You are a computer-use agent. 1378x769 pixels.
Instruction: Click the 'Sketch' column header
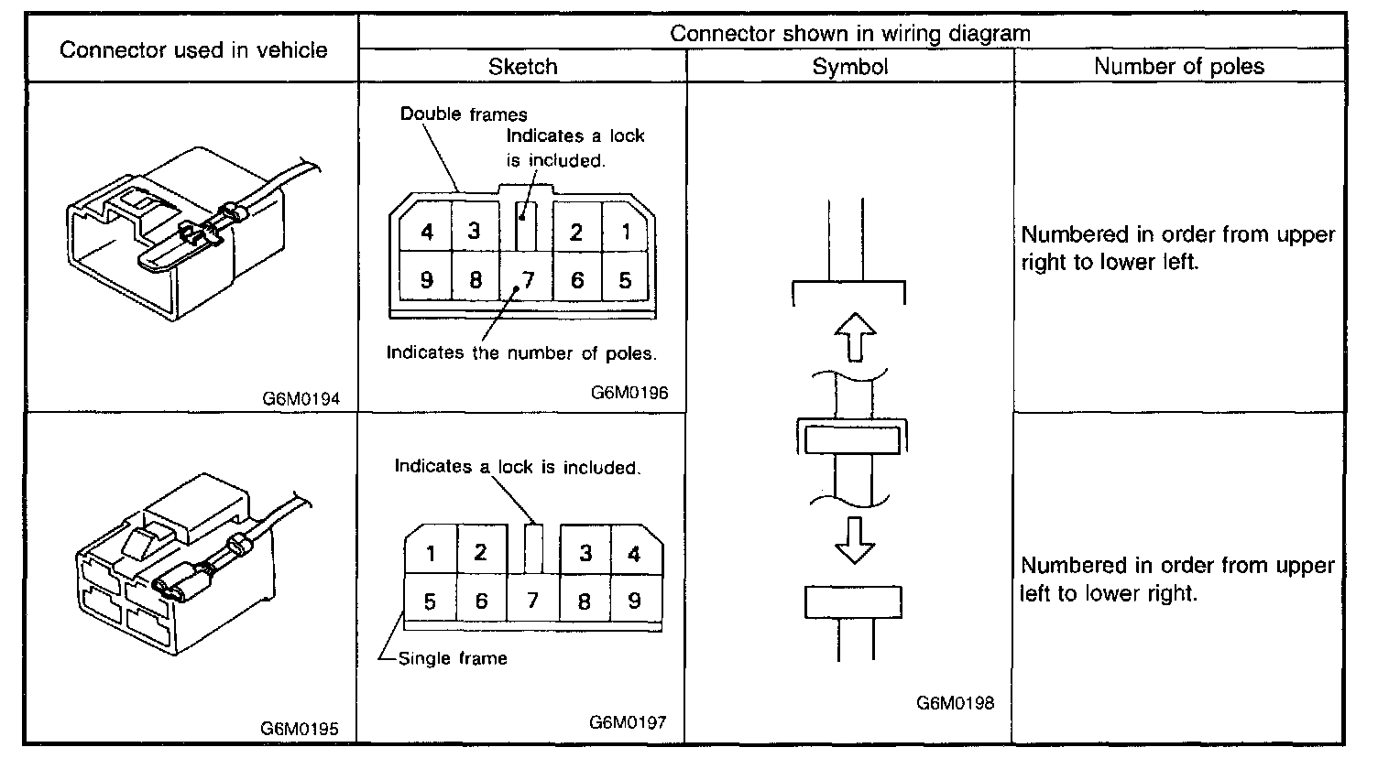click(522, 67)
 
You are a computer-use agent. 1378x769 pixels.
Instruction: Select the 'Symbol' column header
click(849, 67)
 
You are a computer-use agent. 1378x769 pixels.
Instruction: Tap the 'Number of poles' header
click(1178, 67)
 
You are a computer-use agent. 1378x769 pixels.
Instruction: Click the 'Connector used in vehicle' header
click(193, 49)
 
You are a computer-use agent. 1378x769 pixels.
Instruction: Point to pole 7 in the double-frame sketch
click(526, 278)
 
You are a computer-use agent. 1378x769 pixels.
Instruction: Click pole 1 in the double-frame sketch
click(627, 233)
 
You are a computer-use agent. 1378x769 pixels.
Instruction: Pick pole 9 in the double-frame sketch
click(427, 279)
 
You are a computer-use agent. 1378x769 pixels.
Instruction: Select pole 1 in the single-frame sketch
click(431, 553)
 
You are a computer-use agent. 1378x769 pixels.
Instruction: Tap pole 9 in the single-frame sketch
click(634, 601)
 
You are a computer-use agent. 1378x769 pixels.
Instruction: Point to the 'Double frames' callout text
click(464, 114)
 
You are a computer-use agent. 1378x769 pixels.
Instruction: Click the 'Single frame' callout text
click(453, 657)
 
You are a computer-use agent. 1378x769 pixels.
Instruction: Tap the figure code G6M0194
click(301, 399)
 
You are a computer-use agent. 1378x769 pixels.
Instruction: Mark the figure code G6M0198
click(955, 703)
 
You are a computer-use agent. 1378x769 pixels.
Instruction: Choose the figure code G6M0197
click(628, 722)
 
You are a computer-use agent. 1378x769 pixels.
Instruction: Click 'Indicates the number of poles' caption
click(521, 352)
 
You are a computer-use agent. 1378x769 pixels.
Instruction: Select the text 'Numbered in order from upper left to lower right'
click(1177, 579)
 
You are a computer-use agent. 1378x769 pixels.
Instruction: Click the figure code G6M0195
click(301, 729)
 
